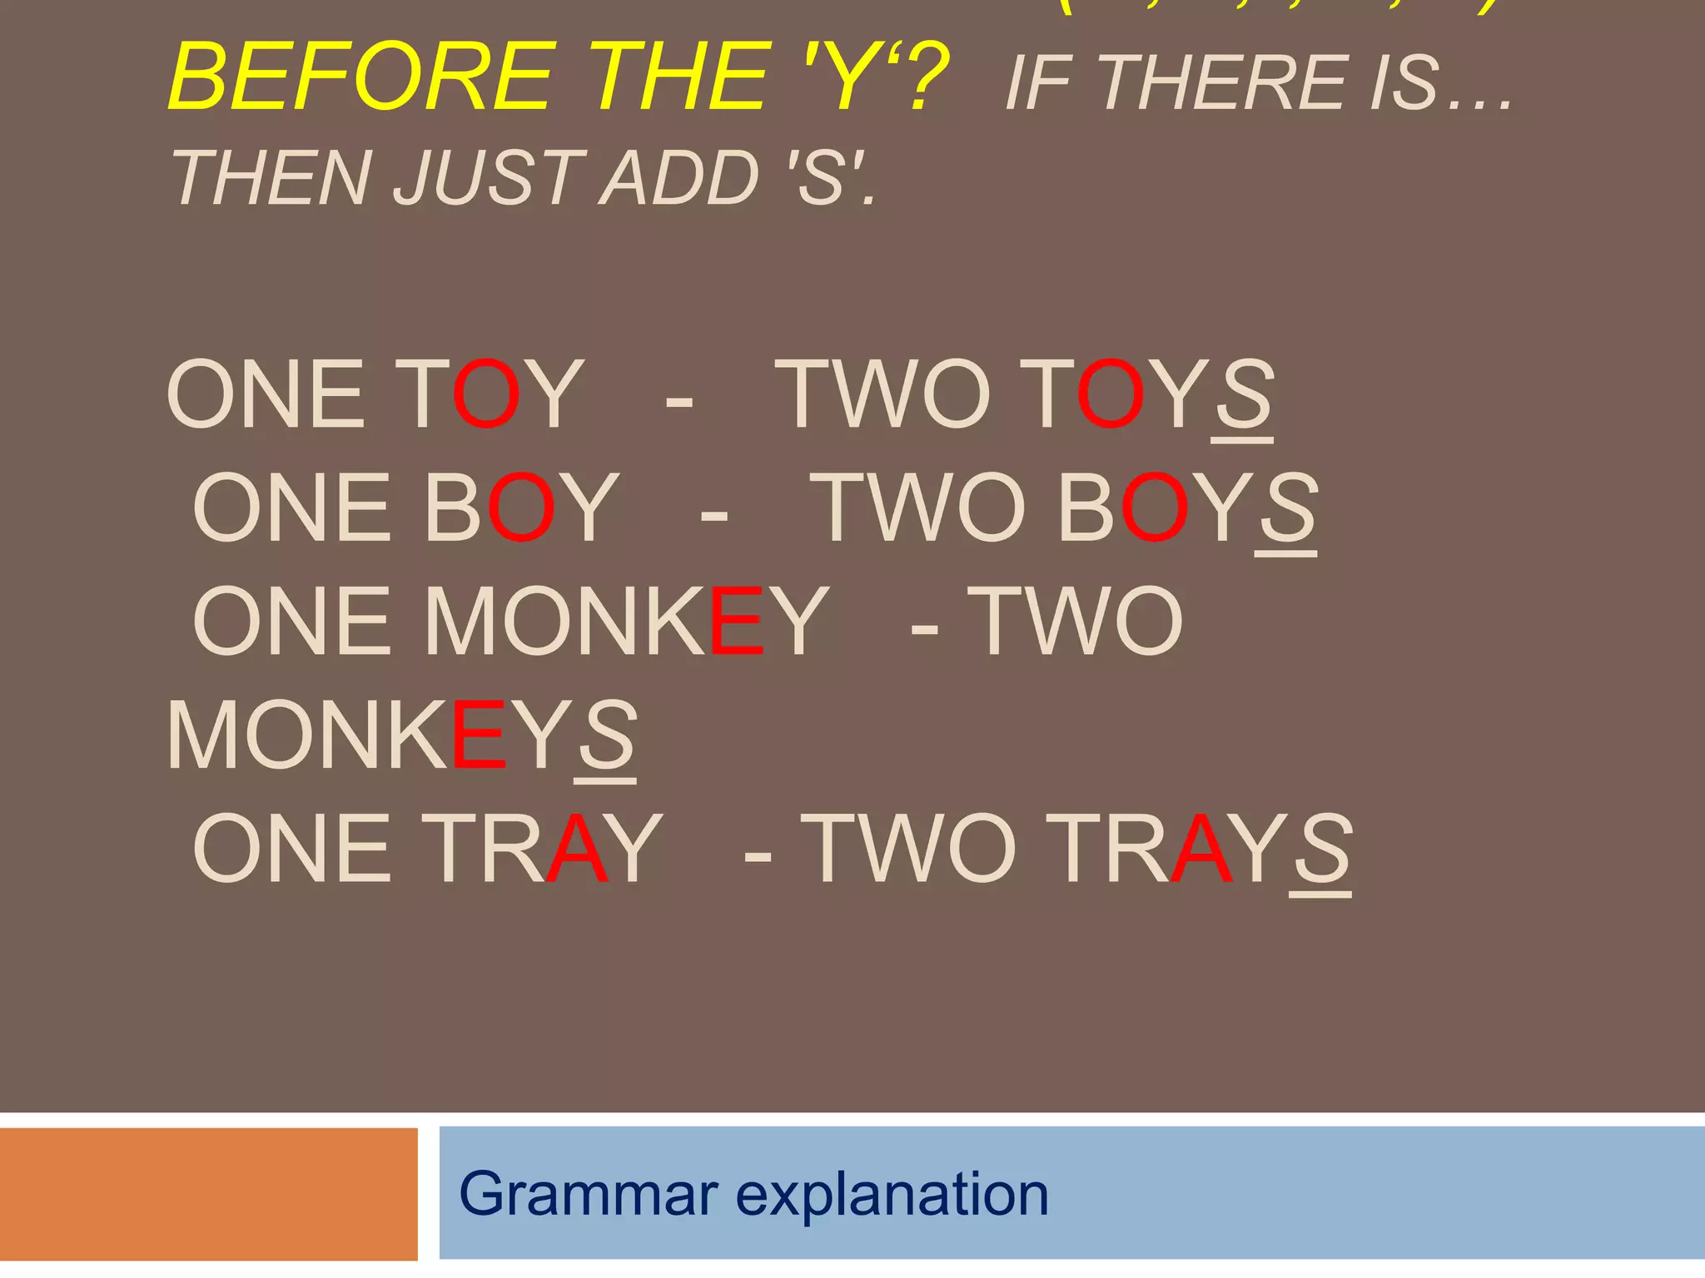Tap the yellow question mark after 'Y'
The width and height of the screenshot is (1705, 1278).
coord(922,77)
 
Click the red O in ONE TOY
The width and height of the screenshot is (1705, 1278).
coord(486,394)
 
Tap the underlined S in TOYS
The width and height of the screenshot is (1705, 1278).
coord(1243,394)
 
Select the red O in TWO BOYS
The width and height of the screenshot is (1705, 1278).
coord(1155,508)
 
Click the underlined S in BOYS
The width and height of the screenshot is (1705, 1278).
coord(1287,508)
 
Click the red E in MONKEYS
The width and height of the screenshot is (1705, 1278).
coord(479,736)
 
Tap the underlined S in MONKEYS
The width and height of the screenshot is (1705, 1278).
coord(606,736)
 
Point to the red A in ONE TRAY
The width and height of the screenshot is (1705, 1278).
coord(576,849)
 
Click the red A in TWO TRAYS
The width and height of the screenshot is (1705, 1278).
coord(1200,849)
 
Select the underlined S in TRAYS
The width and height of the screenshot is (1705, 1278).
coord(1321,849)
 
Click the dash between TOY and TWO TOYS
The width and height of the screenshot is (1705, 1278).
coord(679,401)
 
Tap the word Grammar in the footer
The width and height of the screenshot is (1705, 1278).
coord(589,1194)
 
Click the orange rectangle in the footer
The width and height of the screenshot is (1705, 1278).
coord(208,1194)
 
